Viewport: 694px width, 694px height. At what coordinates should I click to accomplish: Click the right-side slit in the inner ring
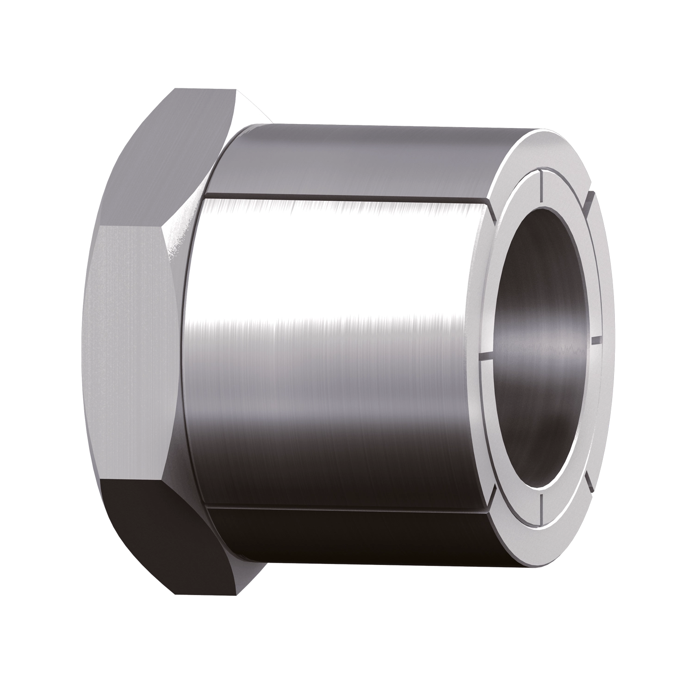597,341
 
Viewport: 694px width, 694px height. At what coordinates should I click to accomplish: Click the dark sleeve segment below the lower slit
347,532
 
